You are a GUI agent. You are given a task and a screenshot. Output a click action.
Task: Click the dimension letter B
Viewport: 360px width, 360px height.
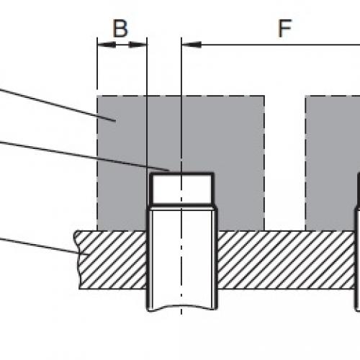point(120,28)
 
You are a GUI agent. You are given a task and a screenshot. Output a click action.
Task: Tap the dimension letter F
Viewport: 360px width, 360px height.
point(285,28)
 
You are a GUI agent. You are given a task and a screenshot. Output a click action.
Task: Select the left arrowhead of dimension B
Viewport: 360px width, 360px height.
point(107,45)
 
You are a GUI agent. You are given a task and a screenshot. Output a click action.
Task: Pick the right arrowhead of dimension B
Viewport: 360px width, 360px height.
point(138,45)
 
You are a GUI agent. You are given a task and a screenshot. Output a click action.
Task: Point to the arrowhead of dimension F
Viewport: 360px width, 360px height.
point(192,45)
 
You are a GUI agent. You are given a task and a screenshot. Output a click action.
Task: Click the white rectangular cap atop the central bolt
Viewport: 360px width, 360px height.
point(181,189)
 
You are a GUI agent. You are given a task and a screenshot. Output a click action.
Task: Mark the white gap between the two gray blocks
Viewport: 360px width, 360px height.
point(285,163)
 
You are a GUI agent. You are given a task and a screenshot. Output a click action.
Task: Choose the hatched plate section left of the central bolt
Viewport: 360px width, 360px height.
point(112,260)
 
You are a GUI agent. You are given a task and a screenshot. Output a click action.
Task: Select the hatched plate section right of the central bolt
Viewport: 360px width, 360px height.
point(287,260)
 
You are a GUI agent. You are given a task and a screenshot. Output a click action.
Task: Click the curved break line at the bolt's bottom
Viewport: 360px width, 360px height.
point(181,307)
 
